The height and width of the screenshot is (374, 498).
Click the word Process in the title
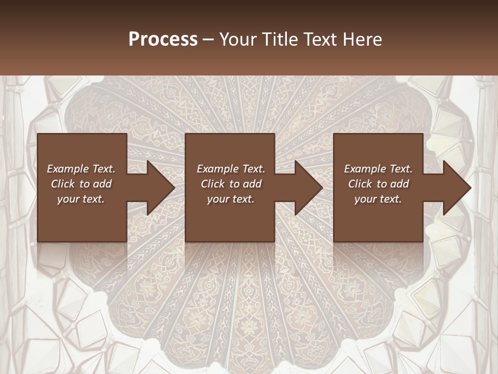[163, 39]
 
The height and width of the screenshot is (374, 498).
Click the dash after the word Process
[209, 40]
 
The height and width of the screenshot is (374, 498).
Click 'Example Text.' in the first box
[81, 169]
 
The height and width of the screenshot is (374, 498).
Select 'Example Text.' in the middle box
[231, 169]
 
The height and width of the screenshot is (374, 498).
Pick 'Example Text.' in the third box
[378, 169]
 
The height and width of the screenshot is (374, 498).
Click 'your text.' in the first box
[81, 199]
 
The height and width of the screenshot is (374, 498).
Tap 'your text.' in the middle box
[231, 199]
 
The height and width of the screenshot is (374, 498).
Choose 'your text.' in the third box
[378, 199]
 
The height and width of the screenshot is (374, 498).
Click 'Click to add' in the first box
[81, 184]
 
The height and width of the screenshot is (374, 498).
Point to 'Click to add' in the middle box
[231, 184]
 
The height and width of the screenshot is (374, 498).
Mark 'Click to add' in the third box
[378, 184]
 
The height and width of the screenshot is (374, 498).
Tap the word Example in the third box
[365, 169]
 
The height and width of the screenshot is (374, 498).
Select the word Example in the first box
[67, 169]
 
